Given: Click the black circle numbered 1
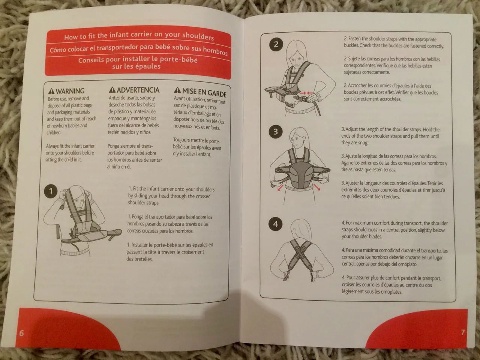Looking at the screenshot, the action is pyautogui.click(x=51, y=191).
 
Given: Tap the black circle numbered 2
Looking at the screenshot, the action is pyautogui.click(x=276, y=44).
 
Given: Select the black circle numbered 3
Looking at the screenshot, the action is pyautogui.click(x=276, y=132).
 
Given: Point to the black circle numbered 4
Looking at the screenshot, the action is pyautogui.click(x=275, y=223).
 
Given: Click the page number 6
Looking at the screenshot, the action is pyautogui.click(x=21, y=333).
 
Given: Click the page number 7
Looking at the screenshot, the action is pyautogui.click(x=463, y=332).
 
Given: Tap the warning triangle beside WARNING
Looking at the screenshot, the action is pyautogui.click(x=51, y=91).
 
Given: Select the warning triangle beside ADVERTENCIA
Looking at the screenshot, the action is pyautogui.click(x=112, y=89).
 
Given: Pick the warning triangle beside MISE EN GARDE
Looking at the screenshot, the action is pyautogui.click(x=177, y=90).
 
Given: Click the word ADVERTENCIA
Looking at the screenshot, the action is pyautogui.click(x=138, y=90).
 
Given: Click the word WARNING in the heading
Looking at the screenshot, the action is pyautogui.click(x=70, y=91).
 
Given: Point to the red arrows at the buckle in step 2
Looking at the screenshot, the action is pyautogui.click(x=306, y=93).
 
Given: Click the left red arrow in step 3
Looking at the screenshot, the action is pyautogui.click(x=280, y=188).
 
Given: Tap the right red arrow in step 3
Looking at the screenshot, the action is pyautogui.click(x=317, y=187).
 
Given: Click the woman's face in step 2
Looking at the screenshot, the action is pyautogui.click(x=295, y=60).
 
